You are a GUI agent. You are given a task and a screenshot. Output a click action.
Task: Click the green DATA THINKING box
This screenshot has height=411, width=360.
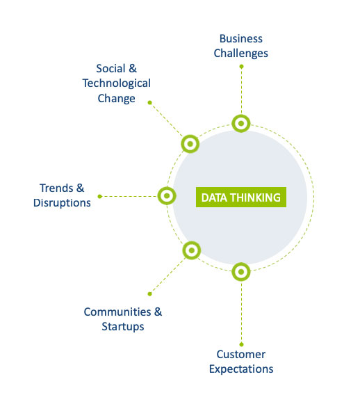(240, 197)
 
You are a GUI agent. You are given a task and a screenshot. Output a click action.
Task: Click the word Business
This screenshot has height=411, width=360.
(240, 38)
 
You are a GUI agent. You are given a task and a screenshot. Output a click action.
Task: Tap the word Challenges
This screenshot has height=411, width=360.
(240, 54)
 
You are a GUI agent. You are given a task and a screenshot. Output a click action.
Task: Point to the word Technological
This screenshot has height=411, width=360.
(117, 83)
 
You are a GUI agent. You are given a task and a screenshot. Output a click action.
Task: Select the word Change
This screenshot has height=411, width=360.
(117, 99)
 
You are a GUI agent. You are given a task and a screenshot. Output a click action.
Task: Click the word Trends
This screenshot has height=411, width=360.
(56, 188)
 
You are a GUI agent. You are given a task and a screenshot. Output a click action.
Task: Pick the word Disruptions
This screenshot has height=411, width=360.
(62, 203)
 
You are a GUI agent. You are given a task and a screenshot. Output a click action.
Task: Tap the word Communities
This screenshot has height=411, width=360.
(117, 312)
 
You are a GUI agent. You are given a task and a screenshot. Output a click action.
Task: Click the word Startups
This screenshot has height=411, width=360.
(123, 327)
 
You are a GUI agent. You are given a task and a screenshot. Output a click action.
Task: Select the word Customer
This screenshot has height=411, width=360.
(240, 354)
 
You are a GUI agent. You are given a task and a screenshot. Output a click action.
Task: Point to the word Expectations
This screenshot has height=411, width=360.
(241, 369)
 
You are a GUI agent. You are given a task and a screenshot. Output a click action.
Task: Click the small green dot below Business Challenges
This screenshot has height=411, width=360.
(241, 67)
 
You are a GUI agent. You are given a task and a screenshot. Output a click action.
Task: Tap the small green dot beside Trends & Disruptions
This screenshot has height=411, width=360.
(99, 196)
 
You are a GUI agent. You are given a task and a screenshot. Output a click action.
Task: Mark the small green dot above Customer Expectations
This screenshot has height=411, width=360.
(241, 344)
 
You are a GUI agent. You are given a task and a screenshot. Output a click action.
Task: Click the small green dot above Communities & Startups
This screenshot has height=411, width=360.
(149, 294)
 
